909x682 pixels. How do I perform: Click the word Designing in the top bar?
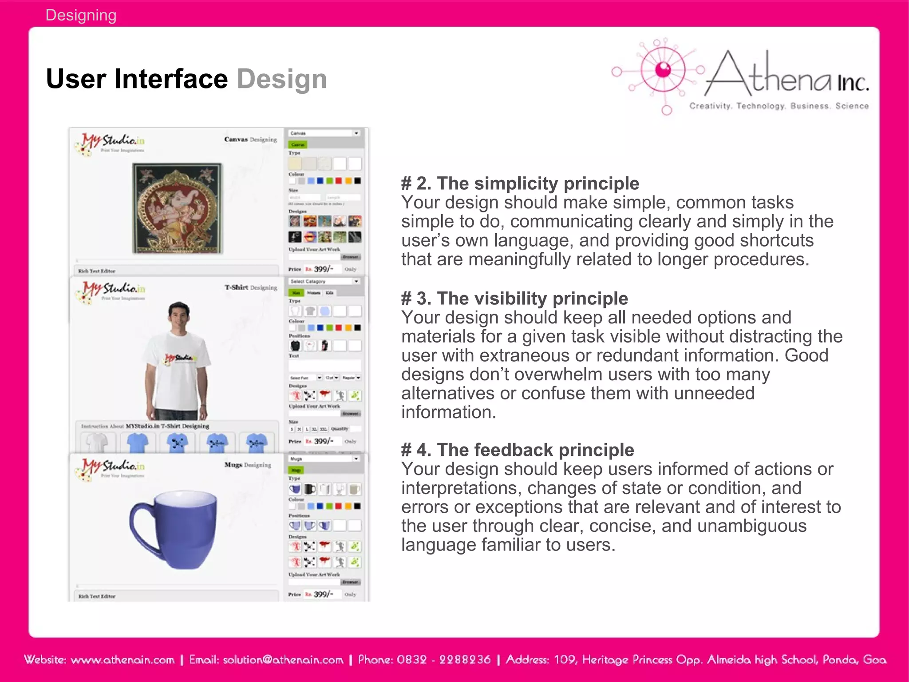[x=81, y=15]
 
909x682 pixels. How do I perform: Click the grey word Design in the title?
[x=281, y=79]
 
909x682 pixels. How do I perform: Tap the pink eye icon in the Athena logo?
[x=663, y=69]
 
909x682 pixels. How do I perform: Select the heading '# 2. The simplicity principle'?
[x=520, y=183]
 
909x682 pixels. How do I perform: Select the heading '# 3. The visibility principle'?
[x=514, y=298]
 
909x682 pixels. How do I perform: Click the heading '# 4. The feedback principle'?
[x=518, y=450]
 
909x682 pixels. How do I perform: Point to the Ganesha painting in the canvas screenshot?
[x=177, y=208]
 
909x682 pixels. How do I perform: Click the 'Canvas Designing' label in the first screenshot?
[x=250, y=140]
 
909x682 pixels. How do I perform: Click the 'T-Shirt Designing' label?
[x=250, y=287]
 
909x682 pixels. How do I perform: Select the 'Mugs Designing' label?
[x=247, y=465]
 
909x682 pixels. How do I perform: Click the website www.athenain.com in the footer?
[x=123, y=660]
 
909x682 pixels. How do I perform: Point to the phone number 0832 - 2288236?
[x=443, y=660]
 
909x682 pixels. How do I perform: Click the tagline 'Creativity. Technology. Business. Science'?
[x=779, y=106]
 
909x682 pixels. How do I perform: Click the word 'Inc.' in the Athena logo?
[x=852, y=83]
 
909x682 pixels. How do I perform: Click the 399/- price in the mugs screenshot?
[x=323, y=594]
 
